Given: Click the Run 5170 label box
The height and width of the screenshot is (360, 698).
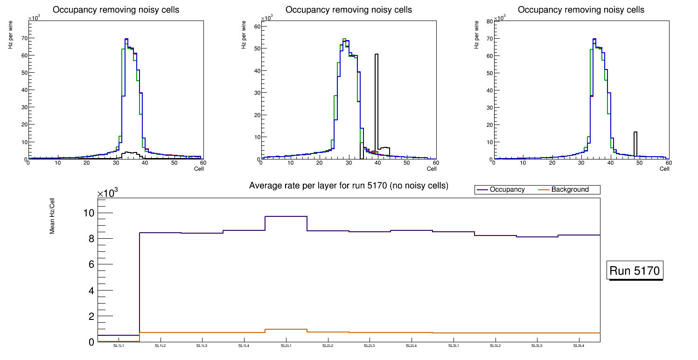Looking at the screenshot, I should (635, 270).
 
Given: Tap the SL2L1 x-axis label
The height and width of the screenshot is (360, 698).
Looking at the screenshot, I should (286, 346).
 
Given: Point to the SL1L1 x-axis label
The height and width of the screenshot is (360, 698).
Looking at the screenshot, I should (118, 346).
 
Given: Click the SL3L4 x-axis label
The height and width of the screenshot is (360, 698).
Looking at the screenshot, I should (579, 346).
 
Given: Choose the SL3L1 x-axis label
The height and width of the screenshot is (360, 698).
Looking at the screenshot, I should (453, 346).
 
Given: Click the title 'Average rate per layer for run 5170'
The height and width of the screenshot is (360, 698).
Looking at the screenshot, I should (349, 186).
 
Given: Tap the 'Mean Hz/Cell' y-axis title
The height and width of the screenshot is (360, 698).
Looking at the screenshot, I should (53, 218).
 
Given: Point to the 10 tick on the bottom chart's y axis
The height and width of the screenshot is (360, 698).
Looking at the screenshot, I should (89, 213).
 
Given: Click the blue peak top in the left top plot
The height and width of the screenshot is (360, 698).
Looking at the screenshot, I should (126, 39).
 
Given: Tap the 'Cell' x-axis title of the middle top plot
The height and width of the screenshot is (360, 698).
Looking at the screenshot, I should (431, 169).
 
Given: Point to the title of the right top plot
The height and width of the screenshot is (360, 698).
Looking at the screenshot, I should (581, 10).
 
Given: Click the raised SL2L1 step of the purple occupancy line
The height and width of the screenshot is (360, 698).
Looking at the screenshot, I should (286, 216).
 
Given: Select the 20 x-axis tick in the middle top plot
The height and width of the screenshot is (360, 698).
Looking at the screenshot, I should (319, 163).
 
